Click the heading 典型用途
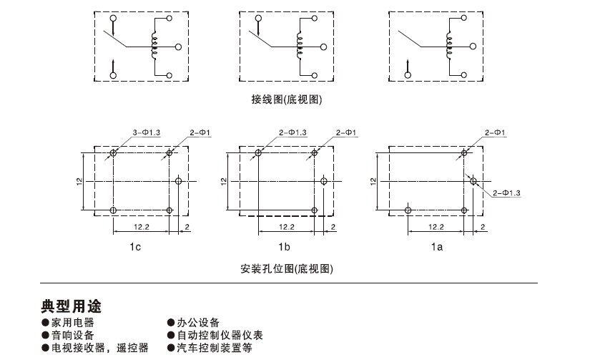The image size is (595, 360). tap(71, 307)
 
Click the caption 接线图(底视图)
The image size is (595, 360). tap(287, 99)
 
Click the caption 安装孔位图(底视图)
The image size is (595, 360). tap(287, 270)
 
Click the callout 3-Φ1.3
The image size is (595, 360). tap(147, 132)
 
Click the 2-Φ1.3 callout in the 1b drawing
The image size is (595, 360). tap(293, 132)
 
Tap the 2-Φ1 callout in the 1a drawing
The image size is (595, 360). tap(495, 133)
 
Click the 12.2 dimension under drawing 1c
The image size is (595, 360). tap(141, 227)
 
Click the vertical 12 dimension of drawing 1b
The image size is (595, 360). tap(225, 182)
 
